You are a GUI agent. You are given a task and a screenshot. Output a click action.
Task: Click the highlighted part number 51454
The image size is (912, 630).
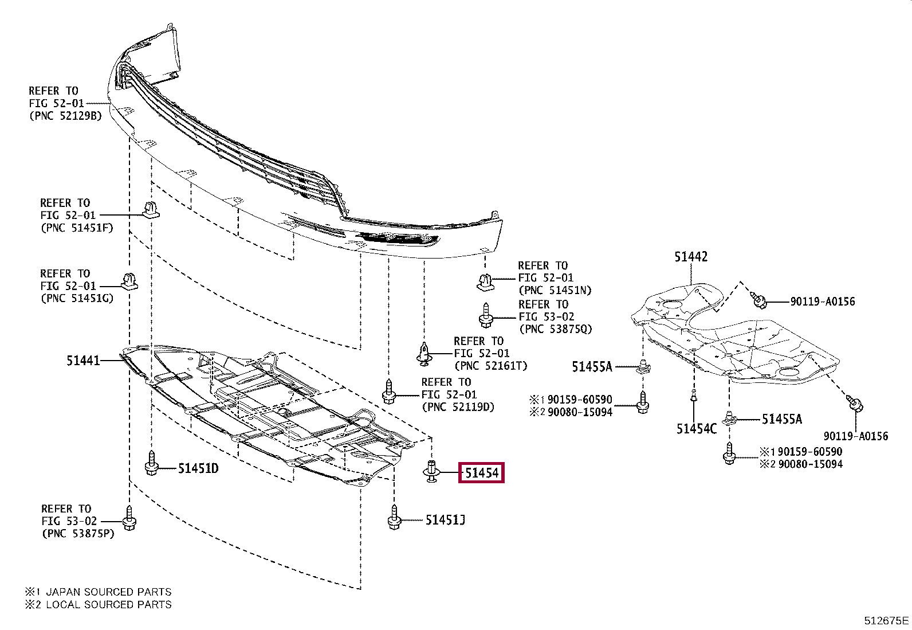(481, 473)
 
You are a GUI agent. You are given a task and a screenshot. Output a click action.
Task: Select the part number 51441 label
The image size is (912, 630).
(83, 361)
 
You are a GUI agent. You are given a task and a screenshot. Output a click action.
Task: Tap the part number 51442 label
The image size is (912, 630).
(691, 257)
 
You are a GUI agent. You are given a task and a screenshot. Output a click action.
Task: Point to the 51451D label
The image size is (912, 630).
(198, 468)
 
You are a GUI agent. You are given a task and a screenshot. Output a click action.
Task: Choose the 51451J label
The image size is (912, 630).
(445, 520)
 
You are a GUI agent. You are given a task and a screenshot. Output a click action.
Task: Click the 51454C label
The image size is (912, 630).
(696, 429)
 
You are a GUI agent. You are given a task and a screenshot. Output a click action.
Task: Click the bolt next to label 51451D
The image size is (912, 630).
(151, 463)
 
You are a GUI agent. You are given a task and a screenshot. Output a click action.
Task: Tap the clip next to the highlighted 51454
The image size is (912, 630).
(431, 471)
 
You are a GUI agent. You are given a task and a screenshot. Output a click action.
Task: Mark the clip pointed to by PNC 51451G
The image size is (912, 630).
(129, 281)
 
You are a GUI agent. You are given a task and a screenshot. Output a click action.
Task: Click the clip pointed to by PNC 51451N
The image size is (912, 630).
(485, 281)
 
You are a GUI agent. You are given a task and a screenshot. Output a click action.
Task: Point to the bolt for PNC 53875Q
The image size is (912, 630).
(486, 316)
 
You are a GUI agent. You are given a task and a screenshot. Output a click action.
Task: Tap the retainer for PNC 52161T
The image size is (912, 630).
(424, 353)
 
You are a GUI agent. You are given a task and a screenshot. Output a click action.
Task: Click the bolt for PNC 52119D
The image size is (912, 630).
(389, 392)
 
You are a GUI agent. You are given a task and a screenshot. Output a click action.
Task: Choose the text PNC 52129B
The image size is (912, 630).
(65, 116)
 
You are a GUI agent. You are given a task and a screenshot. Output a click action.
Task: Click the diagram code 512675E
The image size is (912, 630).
(886, 620)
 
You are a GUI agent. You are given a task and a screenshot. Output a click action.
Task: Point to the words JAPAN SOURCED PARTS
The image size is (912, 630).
(108, 592)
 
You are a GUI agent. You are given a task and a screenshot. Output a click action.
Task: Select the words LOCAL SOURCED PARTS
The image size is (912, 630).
(108, 604)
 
